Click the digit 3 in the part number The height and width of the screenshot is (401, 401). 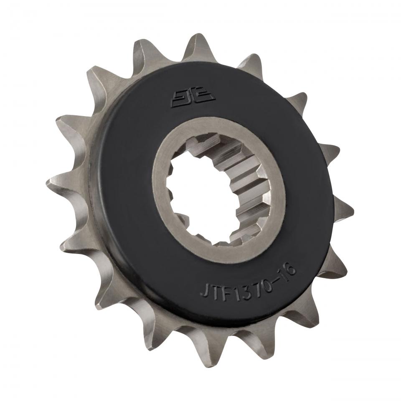click(x=241, y=285)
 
